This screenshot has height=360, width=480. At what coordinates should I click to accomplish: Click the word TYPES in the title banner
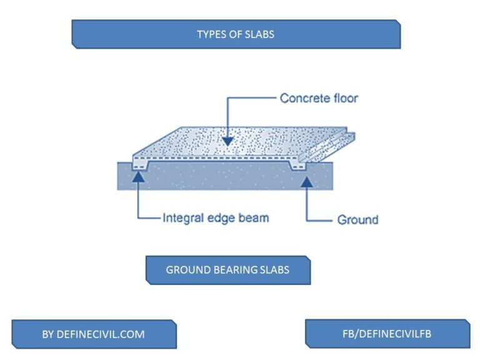pyautogui.click(x=211, y=34)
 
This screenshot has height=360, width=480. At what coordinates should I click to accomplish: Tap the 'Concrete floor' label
pyautogui.click(x=319, y=98)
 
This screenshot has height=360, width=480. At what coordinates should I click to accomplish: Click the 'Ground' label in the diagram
pyautogui.click(x=357, y=219)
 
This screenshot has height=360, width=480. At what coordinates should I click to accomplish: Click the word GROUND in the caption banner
pyautogui.click(x=185, y=271)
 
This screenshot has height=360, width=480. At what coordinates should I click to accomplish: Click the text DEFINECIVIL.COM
pyautogui.click(x=101, y=334)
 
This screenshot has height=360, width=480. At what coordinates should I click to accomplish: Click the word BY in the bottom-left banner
pyautogui.click(x=48, y=334)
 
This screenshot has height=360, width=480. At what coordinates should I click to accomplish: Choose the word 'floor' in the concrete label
pyautogui.click(x=346, y=98)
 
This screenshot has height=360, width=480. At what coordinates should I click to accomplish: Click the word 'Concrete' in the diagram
pyautogui.click(x=306, y=98)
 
